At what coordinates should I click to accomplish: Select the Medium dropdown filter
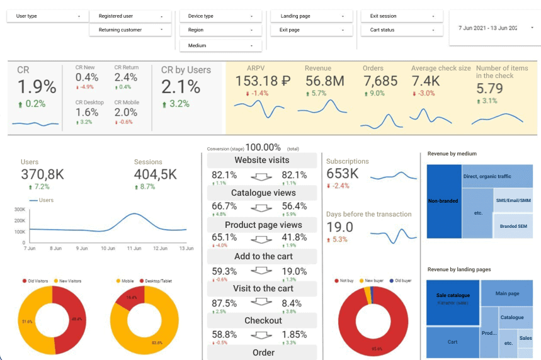[x=220, y=45]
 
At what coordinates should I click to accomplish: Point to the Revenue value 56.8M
[x=324, y=81]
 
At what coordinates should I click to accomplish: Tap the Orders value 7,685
[x=380, y=81]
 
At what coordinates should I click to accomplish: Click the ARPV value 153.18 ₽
[x=263, y=81]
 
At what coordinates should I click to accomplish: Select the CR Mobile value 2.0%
[x=126, y=112]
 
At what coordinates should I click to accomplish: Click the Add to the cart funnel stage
[x=263, y=257]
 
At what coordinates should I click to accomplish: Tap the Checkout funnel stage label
[x=263, y=320]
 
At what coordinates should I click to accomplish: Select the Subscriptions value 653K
[x=343, y=174]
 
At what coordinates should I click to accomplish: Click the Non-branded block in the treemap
[x=443, y=201]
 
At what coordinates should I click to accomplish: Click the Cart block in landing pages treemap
[x=452, y=342]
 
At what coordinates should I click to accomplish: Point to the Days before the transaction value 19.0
[x=339, y=227]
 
